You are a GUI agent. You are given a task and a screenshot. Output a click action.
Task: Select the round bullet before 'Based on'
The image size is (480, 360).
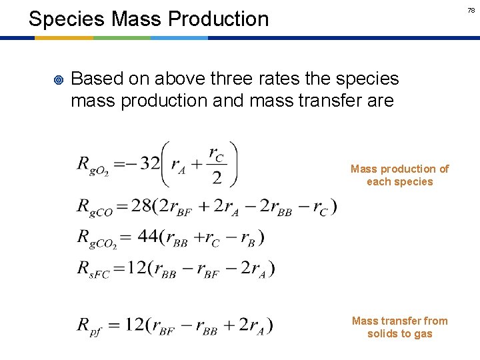point(57,80)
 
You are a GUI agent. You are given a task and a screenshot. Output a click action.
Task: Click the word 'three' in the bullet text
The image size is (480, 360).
point(236,79)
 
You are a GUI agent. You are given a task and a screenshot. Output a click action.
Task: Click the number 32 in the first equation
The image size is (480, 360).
point(151,163)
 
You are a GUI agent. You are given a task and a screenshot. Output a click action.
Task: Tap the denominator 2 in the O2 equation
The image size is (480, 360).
point(216,178)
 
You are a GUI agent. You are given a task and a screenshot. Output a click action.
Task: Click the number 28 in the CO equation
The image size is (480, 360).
point(141,207)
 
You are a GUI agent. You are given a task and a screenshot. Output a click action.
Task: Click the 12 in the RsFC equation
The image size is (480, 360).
point(137,268)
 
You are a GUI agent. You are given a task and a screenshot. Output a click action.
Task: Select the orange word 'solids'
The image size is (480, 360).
point(383,334)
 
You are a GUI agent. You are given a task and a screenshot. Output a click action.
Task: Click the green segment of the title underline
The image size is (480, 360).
point(122,38)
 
